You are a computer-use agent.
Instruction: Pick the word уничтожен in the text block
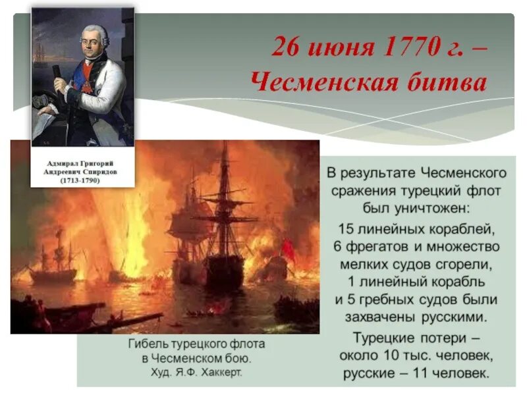click(x=433, y=208)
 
